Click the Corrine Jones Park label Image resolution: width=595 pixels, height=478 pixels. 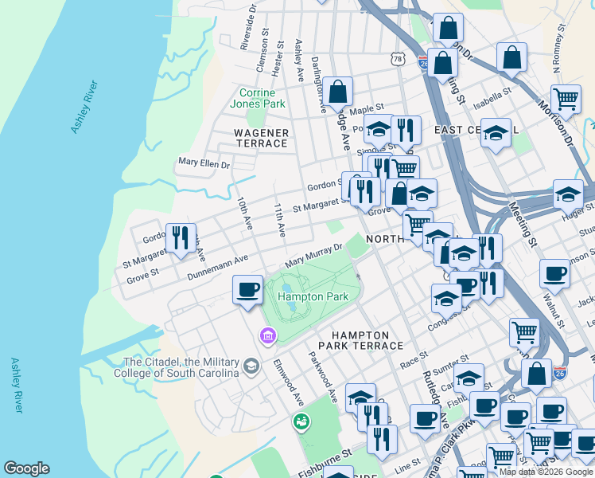(x=257, y=98)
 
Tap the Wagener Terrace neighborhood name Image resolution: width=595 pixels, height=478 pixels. (x=260, y=138)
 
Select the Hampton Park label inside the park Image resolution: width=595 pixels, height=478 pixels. (x=313, y=296)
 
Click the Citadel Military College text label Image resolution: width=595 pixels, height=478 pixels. (x=177, y=367)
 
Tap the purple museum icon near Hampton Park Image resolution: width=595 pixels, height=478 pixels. (x=267, y=336)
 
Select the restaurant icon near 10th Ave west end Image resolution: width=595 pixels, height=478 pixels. (x=181, y=237)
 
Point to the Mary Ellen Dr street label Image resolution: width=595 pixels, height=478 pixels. (x=204, y=164)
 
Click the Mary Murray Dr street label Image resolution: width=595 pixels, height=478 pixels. (x=313, y=256)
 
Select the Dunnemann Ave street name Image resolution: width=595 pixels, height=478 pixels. (x=217, y=267)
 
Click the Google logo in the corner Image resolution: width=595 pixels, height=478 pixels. (x=26, y=468)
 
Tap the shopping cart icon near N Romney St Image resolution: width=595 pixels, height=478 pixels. (x=566, y=99)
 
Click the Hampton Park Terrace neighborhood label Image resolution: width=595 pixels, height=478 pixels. (x=360, y=340)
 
